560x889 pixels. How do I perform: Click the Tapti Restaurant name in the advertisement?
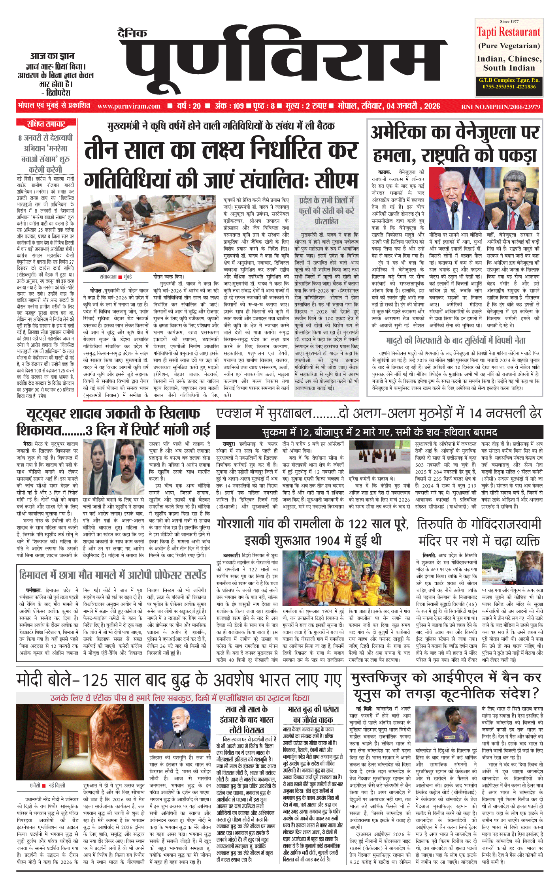point(508,32)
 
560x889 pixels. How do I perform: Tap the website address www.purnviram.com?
point(129,106)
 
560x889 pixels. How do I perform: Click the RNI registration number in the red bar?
point(500,107)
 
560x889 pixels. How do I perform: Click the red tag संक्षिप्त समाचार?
point(46,124)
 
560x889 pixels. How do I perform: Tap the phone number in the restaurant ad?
point(509,86)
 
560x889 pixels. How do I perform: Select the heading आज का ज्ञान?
point(52,56)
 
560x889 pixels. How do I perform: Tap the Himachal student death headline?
point(113,575)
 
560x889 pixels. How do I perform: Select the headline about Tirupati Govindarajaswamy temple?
point(479,532)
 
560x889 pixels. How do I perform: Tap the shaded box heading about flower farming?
point(326,211)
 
